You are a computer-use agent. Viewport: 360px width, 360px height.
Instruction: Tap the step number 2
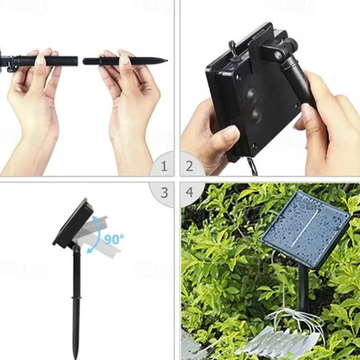click(189, 166)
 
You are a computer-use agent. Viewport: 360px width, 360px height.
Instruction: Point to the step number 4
click(189, 192)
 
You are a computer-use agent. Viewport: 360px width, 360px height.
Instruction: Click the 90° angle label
click(114, 239)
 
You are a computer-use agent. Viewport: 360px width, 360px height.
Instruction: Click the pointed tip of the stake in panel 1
click(165, 59)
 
